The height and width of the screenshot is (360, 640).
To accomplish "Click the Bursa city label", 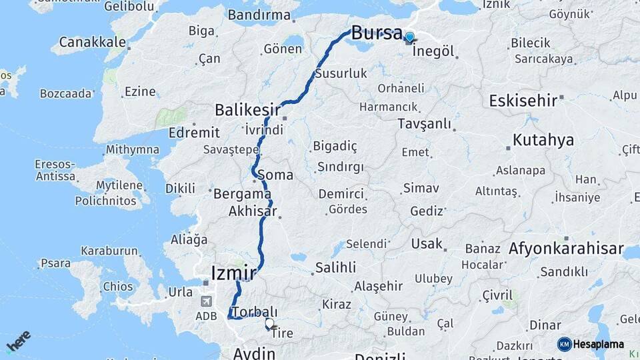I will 377,32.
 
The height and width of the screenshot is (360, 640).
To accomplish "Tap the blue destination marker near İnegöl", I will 409,38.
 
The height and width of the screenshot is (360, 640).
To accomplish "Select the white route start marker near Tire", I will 269,324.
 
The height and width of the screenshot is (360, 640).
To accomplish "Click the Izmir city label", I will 233,273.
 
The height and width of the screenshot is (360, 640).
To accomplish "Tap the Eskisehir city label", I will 523,101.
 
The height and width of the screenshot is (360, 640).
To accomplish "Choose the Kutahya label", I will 543,140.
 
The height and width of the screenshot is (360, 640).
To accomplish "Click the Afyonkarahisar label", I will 565,249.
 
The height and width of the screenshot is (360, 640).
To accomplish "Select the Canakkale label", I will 92,42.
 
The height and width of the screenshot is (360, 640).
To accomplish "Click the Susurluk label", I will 341,73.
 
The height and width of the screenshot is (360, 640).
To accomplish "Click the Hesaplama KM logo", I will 591,344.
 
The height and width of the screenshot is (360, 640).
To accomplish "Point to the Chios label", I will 117,287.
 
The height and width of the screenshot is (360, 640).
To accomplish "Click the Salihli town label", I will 335,268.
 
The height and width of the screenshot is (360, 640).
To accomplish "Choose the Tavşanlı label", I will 424,123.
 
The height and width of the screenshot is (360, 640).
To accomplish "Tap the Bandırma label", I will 259,15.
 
